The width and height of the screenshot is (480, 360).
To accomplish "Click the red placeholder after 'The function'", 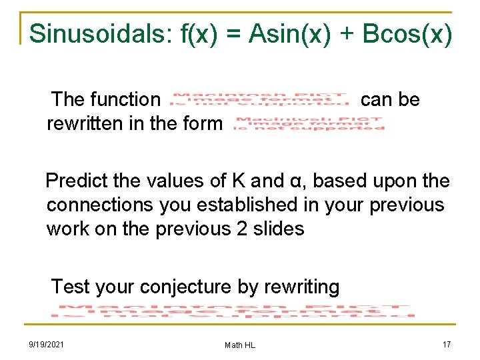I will click(260, 99).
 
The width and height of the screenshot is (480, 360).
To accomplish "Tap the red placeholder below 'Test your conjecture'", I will click(233, 311).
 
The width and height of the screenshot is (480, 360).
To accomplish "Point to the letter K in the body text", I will click(239, 181).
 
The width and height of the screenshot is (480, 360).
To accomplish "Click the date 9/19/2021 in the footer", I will click(47, 344).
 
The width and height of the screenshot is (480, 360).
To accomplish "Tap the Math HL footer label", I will click(240, 345).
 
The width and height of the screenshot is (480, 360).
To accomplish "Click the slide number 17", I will click(447, 344).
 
